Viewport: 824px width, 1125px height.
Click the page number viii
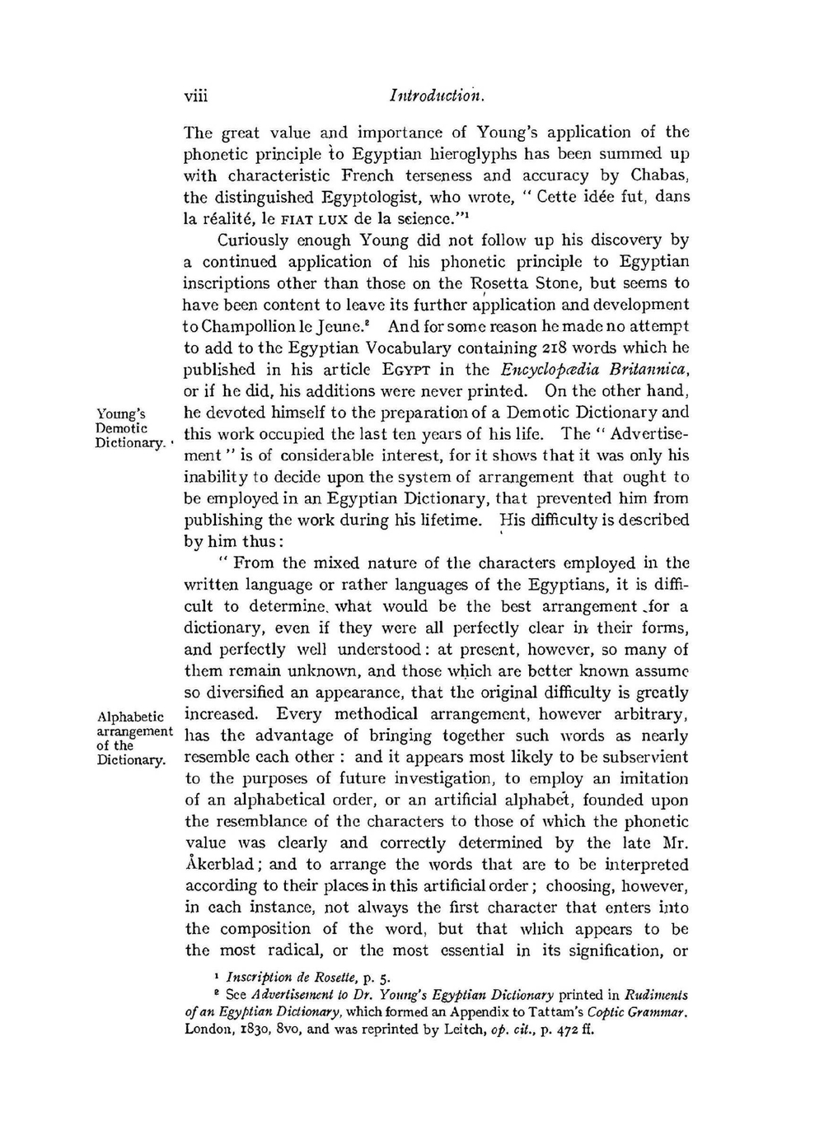[195, 96]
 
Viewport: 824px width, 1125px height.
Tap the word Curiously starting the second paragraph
[251, 240]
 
